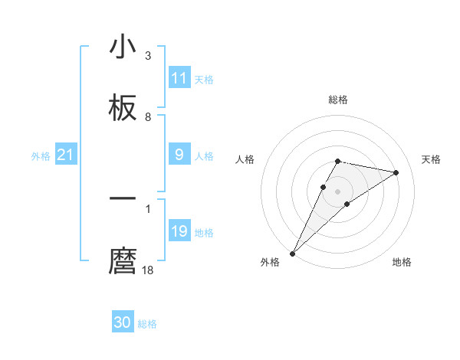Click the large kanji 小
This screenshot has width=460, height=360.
click(x=123, y=47)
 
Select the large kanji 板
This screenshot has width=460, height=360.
click(x=123, y=109)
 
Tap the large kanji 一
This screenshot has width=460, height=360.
click(x=123, y=199)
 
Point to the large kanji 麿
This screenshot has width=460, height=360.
click(x=123, y=260)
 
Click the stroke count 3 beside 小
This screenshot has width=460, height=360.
click(x=148, y=56)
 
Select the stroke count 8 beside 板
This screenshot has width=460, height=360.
click(x=148, y=117)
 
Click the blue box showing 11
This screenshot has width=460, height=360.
click(x=179, y=78)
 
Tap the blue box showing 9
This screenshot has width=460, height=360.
click(x=179, y=155)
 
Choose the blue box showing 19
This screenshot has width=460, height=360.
click(x=179, y=231)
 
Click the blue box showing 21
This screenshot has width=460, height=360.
click(x=65, y=155)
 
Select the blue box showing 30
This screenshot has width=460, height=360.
click(x=123, y=323)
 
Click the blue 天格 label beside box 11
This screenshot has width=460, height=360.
click(x=204, y=79)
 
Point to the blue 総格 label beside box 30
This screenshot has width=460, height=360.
click(x=147, y=324)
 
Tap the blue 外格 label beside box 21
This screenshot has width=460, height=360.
click(x=41, y=156)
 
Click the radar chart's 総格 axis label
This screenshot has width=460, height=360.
click(x=338, y=100)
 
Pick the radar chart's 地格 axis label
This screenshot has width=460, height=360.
click(x=402, y=262)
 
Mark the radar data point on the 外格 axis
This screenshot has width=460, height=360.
click(x=293, y=253)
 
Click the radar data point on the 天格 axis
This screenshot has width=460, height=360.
click(x=396, y=172)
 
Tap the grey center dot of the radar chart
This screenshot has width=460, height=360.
click(x=338, y=191)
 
